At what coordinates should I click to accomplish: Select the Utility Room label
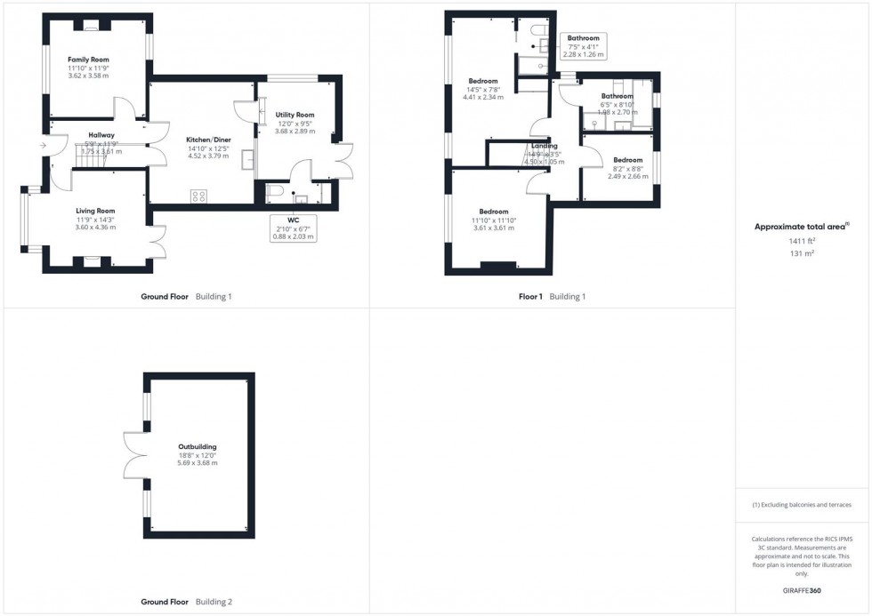[295, 115]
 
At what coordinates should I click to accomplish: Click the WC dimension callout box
[294, 228]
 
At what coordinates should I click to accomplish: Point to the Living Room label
[95, 211]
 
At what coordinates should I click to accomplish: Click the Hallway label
[100, 135]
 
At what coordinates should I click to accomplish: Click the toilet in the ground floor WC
[276, 191]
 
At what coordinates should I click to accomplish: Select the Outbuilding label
[197, 447]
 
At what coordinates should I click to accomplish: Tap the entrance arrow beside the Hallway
[43, 143]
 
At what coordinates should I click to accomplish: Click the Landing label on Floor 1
[544, 146]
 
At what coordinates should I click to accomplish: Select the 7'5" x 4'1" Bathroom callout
[584, 45]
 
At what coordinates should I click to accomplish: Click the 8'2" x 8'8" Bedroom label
[627, 160]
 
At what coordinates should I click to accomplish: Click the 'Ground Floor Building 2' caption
[187, 602]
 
